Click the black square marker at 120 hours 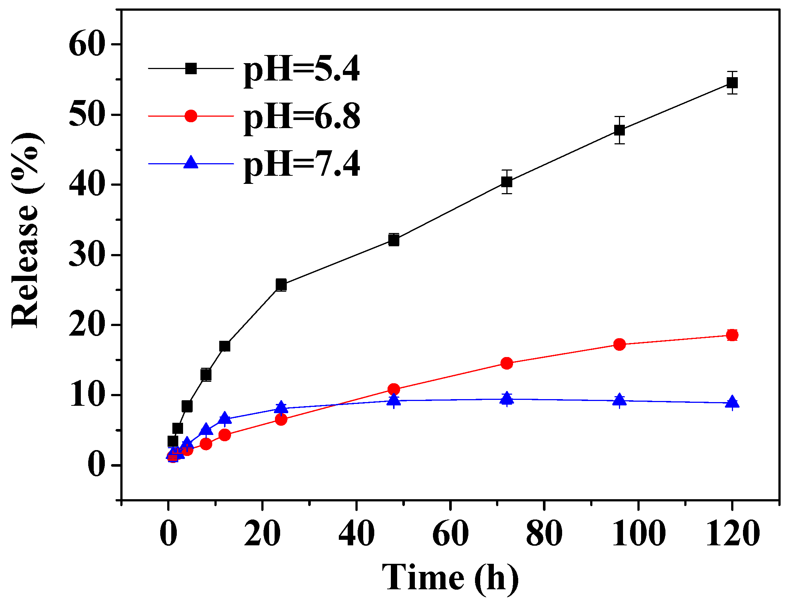732,82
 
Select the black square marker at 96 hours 619,130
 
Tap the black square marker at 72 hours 507,182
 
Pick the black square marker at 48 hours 394,240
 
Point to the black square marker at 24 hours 281,285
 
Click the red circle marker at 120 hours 732,335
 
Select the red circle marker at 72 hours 507,363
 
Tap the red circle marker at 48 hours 394,389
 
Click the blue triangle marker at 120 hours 732,402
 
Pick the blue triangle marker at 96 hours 619,399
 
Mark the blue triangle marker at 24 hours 281,407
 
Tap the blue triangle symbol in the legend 190,162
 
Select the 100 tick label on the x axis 639,534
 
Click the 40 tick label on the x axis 356,534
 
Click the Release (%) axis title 25,230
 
